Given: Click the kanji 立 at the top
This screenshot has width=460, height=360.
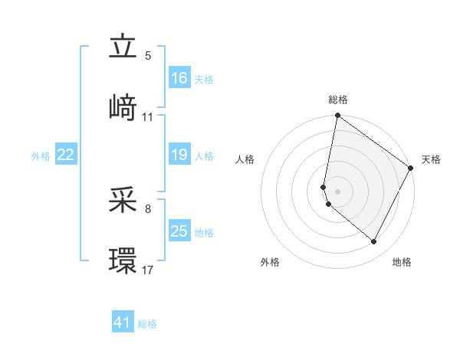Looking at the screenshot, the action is (x=123, y=47).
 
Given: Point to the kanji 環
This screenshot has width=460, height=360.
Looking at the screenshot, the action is (x=123, y=260).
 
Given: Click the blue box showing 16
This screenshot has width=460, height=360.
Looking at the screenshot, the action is (x=179, y=78).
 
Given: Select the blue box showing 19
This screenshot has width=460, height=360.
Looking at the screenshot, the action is (x=179, y=155).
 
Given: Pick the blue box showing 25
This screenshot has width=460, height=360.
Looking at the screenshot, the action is (x=179, y=231).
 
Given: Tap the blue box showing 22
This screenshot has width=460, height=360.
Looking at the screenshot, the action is (x=66, y=155).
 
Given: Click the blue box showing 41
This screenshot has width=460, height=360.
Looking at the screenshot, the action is (x=123, y=322).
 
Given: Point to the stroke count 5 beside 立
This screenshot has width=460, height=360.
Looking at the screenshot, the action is (x=148, y=56).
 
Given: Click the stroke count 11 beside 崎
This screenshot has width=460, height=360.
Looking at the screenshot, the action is (x=148, y=116).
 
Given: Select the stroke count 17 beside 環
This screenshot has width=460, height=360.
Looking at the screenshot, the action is (x=148, y=270).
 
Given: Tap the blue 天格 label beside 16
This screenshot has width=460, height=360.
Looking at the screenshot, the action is (x=203, y=79).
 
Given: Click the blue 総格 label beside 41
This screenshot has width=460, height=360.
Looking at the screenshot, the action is (x=147, y=324).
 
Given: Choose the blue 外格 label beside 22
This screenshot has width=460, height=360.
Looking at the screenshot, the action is (x=41, y=156).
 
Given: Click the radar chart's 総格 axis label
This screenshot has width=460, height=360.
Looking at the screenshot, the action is (x=338, y=100).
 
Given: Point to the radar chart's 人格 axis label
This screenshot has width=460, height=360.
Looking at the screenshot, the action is (x=246, y=159).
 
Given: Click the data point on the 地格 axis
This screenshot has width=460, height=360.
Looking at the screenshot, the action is (x=374, y=242).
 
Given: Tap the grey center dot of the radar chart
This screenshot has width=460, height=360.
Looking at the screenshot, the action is (x=338, y=191).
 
